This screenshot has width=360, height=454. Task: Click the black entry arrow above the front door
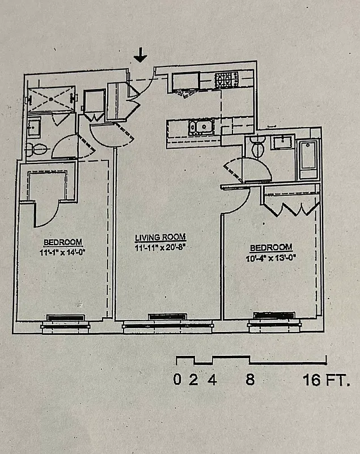(x=141, y=55)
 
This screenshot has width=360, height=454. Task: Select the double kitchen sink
(x=200, y=127)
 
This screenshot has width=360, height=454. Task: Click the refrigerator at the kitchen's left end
(x=184, y=82)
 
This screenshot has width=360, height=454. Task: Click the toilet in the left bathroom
(x=36, y=150)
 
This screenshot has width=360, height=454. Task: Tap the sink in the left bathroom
(x=35, y=127)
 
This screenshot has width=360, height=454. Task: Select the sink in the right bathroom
(x=281, y=143)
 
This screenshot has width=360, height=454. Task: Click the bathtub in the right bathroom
(x=310, y=158)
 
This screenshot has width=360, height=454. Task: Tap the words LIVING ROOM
(x=160, y=237)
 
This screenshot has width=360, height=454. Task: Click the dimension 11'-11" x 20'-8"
(x=160, y=247)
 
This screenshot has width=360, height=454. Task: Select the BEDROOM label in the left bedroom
(x=63, y=241)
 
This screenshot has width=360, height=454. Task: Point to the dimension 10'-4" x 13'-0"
(x=271, y=257)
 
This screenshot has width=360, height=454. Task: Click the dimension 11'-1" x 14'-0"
(x=63, y=251)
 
